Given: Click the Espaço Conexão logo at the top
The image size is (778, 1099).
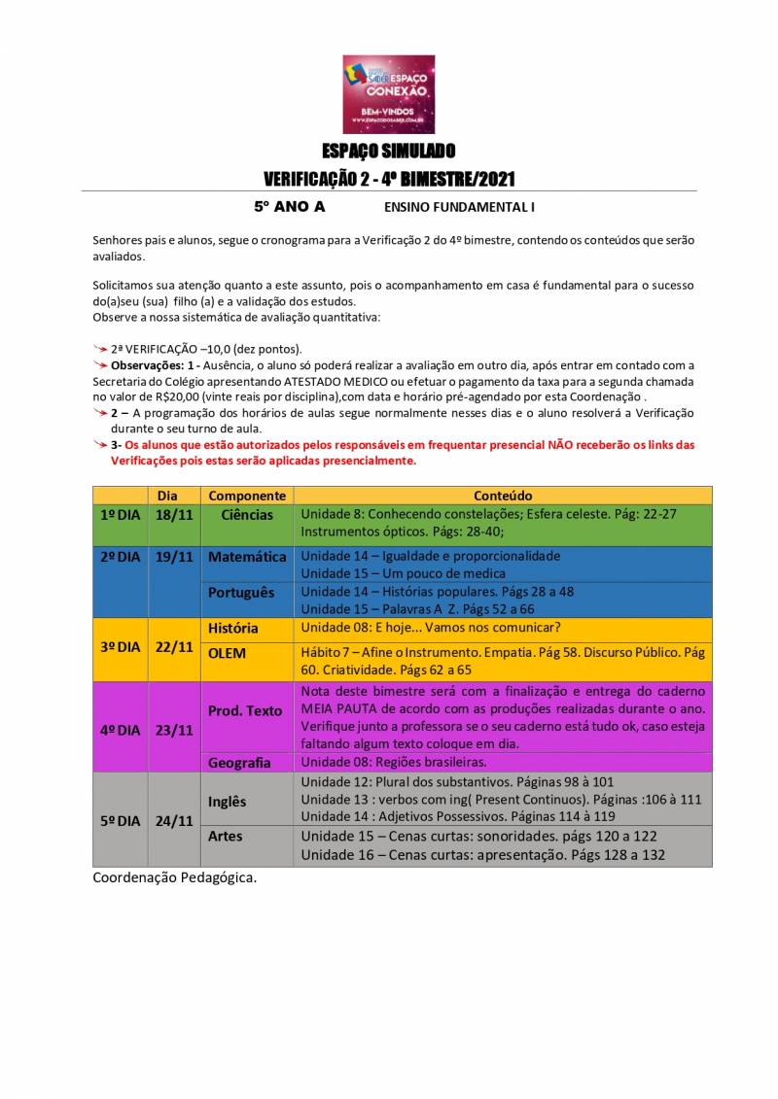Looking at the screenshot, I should [389, 94].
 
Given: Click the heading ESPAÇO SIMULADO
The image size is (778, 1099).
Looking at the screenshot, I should [389, 152].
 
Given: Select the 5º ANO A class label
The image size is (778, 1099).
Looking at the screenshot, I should [290, 207].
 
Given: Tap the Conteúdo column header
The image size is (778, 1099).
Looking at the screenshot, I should [503, 496].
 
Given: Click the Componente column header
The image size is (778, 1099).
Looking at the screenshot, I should [247, 496].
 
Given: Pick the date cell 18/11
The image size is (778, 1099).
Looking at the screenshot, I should [174, 514].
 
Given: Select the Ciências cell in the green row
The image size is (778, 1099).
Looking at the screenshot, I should [247, 514].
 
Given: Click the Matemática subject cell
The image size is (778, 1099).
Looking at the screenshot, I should [247, 557].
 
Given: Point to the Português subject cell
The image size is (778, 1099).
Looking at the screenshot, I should [241, 592].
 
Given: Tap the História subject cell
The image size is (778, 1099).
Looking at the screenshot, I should [233, 629].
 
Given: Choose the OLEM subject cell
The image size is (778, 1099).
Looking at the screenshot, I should [227, 653].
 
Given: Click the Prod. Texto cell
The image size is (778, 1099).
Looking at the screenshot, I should [244, 710].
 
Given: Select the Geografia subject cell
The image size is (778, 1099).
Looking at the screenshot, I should [239, 763].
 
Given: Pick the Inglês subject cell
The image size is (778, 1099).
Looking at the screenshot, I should [227, 801].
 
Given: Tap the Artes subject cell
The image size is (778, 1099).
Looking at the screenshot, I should [226, 836].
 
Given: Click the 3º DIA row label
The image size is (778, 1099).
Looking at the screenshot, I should [121, 646].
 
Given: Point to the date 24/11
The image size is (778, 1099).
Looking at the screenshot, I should [174, 820].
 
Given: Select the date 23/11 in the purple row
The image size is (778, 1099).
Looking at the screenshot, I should [174, 730].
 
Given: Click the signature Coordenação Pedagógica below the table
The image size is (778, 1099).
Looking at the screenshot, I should [175, 877].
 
